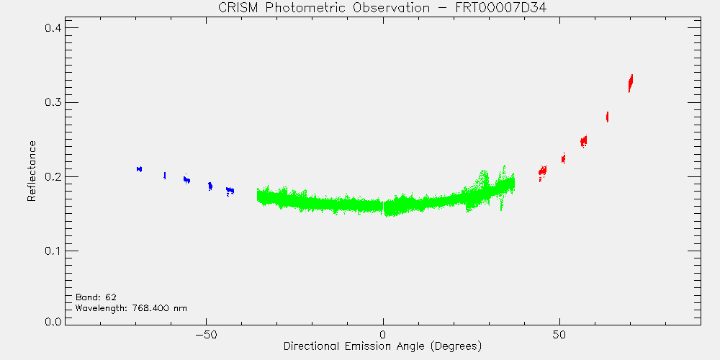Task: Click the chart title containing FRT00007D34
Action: point(382,8)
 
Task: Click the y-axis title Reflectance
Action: point(31,171)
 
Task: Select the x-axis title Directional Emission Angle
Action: point(382,346)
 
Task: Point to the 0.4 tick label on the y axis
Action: point(53,28)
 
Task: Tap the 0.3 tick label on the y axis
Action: point(53,102)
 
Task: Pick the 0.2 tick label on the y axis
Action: point(53,177)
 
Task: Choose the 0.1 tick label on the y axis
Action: point(53,251)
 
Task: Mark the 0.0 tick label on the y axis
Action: point(53,321)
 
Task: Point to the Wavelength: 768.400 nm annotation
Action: point(131,308)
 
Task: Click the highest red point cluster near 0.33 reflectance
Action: point(631,84)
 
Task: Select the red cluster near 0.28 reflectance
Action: point(608,117)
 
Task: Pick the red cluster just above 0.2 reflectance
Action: point(542,172)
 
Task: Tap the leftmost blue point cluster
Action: point(139,169)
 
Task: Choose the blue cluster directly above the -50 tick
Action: point(210,186)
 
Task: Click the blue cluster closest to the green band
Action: point(230,191)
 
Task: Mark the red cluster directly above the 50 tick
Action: point(563,158)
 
